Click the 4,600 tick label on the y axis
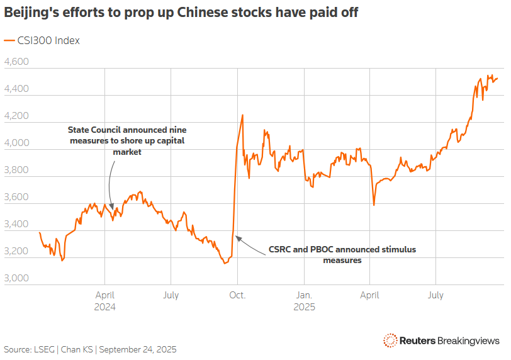[x=16, y=62]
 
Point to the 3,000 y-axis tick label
[x=16, y=278]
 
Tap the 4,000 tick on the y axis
[x=16, y=143]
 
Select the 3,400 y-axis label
[x=16, y=224]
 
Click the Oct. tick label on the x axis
[x=237, y=295]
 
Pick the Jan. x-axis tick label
[x=304, y=295]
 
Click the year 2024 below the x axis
[x=104, y=307]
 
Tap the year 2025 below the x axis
[x=304, y=307]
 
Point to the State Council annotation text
[x=126, y=140]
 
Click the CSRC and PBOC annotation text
[x=342, y=254]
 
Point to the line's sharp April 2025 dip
[x=374, y=205]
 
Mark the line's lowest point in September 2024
[x=225, y=263]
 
